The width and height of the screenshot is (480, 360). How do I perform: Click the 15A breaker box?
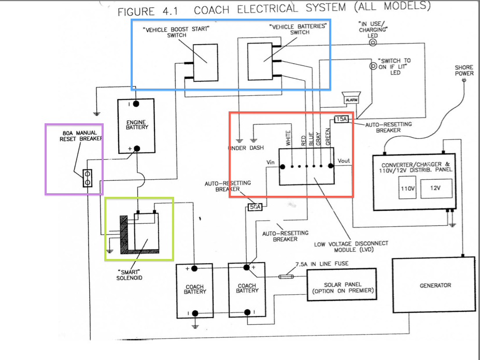click(341, 119)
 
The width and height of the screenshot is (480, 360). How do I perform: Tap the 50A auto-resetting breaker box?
click(255, 207)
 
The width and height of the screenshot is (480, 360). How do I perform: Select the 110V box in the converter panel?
click(407, 188)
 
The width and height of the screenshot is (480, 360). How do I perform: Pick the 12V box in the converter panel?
click(435, 188)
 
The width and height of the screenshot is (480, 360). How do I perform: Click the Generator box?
click(434, 285)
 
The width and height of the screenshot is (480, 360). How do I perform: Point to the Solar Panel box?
click(342, 284)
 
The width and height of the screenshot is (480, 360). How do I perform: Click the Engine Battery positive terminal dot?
click(137, 149)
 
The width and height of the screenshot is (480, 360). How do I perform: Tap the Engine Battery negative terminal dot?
click(136, 104)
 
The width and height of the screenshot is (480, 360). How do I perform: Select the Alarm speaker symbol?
click(351, 98)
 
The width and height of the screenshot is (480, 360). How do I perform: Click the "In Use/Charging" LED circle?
click(373, 42)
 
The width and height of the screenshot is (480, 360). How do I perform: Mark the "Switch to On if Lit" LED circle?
click(373, 66)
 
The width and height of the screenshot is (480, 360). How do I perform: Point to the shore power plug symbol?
click(464, 80)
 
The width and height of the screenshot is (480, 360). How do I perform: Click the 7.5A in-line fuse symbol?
click(286, 277)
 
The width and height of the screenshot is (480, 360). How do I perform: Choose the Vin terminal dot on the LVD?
click(283, 167)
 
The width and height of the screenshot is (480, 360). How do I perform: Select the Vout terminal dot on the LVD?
click(331, 166)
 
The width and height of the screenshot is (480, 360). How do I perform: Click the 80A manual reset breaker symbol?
click(88, 178)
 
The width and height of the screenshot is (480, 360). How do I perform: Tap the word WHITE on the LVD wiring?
click(288, 138)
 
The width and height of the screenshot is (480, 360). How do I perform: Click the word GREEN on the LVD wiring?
click(328, 137)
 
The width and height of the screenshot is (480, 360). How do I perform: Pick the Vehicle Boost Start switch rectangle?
click(205, 63)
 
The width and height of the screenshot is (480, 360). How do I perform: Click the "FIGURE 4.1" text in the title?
click(148, 12)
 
